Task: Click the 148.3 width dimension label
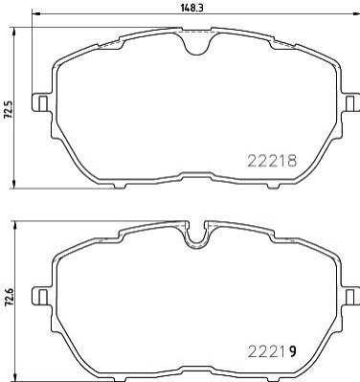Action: (x=192, y=8)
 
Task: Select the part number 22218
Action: (x=272, y=161)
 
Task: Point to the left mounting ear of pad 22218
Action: (x=42, y=102)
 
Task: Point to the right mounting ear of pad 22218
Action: (x=350, y=102)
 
